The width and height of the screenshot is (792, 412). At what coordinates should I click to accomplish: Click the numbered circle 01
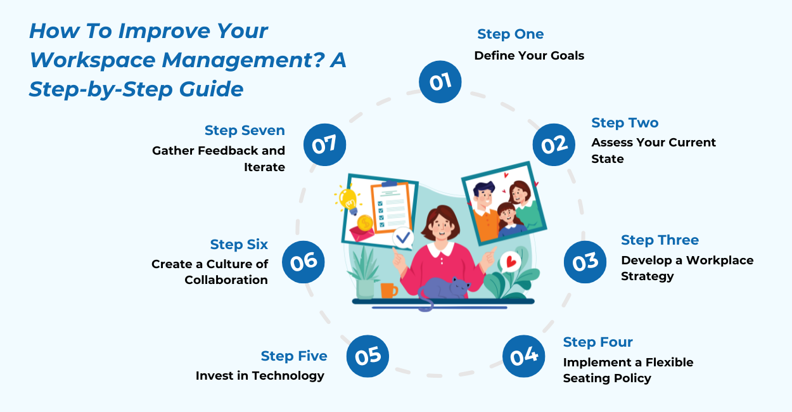(x=440, y=82)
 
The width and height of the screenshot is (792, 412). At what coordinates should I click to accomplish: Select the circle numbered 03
(x=585, y=261)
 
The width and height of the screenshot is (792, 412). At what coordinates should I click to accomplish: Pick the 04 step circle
(x=524, y=356)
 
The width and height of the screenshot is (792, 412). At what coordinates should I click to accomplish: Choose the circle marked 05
(x=367, y=355)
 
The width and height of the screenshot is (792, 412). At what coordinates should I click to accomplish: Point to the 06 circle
(x=303, y=261)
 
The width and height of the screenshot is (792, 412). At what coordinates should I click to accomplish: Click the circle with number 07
(x=324, y=145)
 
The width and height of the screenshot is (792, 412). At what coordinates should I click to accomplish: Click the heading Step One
(x=511, y=34)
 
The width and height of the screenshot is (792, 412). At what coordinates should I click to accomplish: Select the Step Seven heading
(x=245, y=131)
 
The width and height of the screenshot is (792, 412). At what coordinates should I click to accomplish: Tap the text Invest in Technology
(x=260, y=376)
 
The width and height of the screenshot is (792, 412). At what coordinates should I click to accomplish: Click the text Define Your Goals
(x=529, y=56)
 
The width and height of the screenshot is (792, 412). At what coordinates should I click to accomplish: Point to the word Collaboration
(x=226, y=280)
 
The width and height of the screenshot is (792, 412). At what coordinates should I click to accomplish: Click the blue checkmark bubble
(x=402, y=239)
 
